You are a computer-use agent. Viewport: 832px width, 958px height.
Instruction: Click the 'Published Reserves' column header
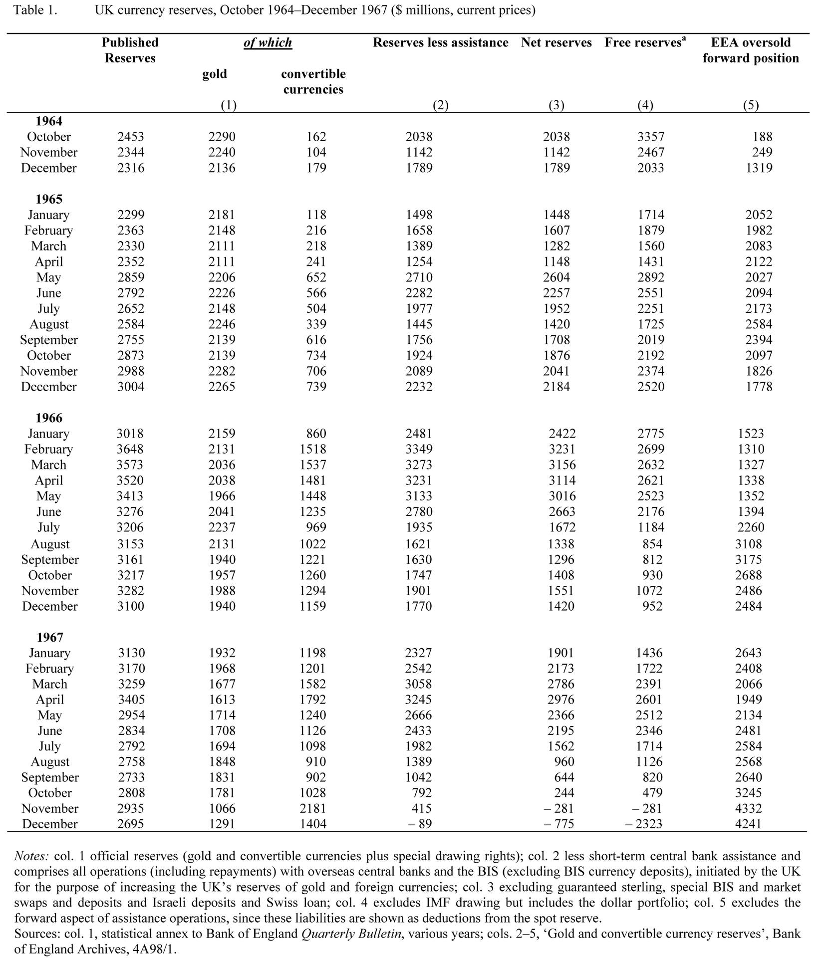pos(130,50)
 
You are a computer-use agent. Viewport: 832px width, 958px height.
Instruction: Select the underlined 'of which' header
pos(268,42)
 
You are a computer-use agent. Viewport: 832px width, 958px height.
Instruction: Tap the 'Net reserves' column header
pos(556,42)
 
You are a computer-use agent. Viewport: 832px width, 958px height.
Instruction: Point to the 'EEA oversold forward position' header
pos(750,50)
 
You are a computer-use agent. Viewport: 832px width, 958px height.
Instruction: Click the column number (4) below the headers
pos(645,105)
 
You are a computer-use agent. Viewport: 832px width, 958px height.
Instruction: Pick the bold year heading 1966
pos(49,418)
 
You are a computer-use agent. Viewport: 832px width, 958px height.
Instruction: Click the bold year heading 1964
pos(49,121)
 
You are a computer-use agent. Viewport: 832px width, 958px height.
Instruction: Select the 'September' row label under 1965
pos(49,340)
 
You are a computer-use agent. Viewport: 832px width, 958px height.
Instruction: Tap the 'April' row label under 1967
pos(50,700)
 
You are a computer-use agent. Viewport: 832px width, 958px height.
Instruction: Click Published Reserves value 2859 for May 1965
pos(131,277)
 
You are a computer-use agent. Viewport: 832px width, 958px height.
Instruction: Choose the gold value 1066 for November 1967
pos(222,808)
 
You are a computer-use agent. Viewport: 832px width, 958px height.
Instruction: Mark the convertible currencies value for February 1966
pos(312,449)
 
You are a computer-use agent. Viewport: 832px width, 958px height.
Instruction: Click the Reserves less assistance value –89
pos(419,824)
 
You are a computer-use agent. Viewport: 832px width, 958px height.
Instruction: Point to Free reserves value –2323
pos(644,824)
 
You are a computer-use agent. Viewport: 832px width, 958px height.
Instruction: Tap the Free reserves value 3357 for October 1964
pos(650,137)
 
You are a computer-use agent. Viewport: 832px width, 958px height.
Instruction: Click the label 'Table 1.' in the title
pos(35,10)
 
